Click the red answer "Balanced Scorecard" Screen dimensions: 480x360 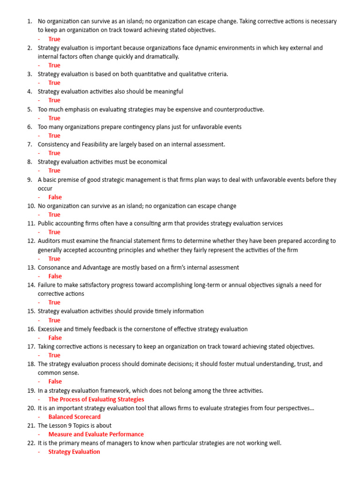74,417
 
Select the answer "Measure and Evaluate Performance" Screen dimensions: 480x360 96,435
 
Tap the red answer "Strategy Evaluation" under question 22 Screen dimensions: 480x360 74,452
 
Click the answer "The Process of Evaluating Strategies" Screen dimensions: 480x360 96,399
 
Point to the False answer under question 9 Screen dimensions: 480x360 55,197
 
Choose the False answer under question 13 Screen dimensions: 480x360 55,276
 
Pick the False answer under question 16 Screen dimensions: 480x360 55,337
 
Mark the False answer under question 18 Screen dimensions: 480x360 55,382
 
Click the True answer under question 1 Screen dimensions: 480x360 54,39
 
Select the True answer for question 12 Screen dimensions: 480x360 54,259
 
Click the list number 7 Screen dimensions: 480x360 30,144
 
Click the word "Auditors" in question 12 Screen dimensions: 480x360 49,241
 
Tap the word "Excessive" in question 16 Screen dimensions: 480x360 51,329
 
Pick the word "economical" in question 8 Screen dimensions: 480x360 151,162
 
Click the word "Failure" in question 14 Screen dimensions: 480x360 47,285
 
